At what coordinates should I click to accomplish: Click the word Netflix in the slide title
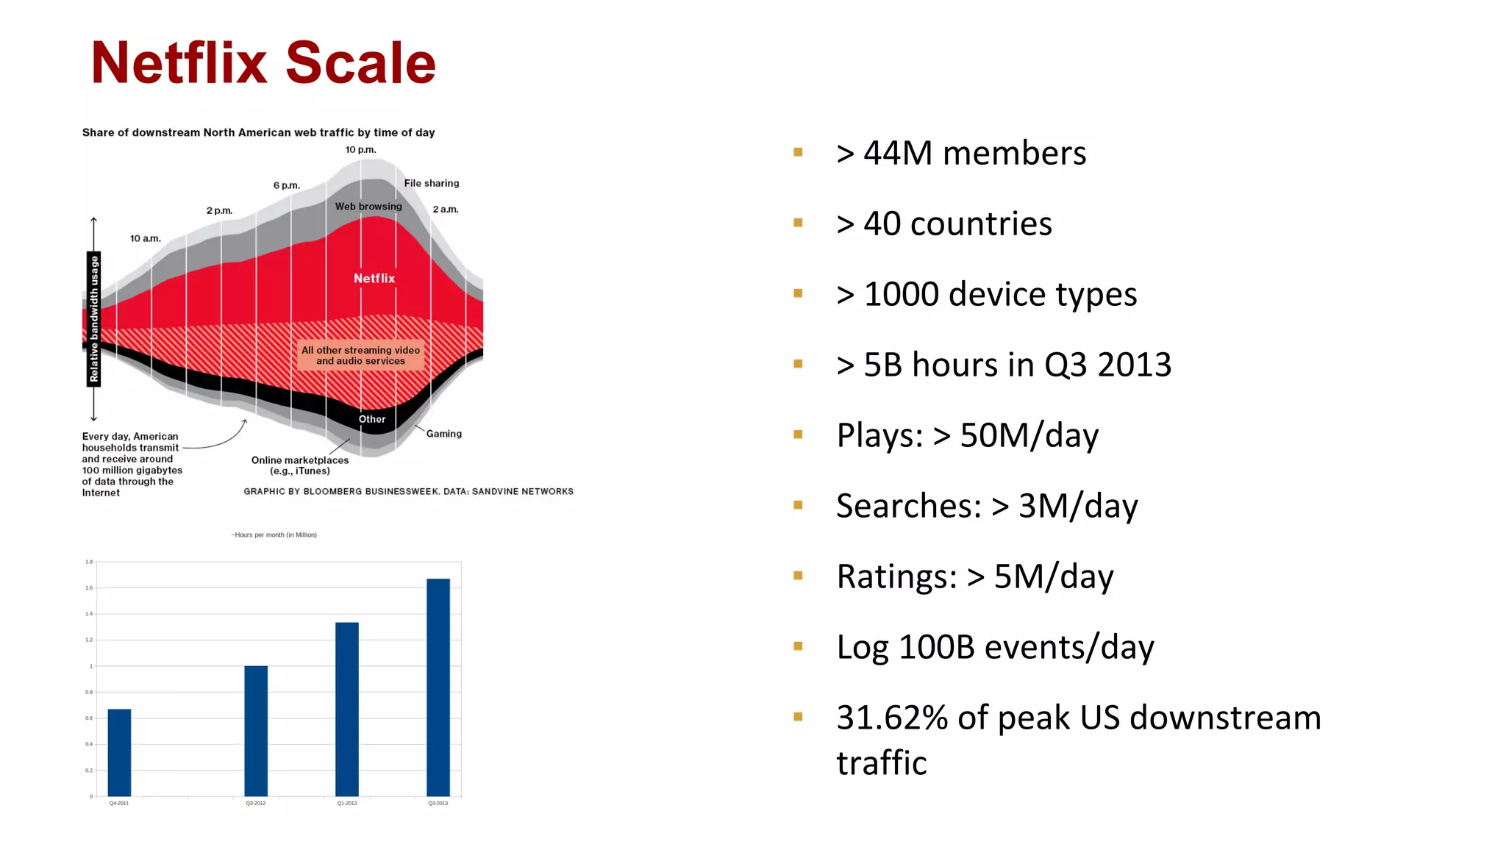[x=179, y=63]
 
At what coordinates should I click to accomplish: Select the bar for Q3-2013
[x=438, y=687]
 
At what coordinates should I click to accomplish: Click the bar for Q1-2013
[x=347, y=709]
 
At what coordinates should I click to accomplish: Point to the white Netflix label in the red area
[x=374, y=279]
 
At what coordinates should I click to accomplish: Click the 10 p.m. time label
[x=360, y=150]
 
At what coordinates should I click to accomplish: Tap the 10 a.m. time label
[x=145, y=239]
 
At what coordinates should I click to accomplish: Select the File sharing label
[x=431, y=184]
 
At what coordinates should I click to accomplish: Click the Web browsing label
[x=368, y=207]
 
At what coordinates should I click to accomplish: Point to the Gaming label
[x=443, y=434]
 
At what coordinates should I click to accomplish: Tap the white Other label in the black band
[x=372, y=419]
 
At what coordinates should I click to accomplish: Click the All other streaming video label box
[x=360, y=355]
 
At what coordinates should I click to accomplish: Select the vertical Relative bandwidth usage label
[x=93, y=319]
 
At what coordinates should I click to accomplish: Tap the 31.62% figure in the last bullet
[x=892, y=718]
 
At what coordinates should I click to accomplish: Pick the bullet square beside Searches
[x=798, y=505]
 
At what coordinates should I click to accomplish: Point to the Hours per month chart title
[x=274, y=535]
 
